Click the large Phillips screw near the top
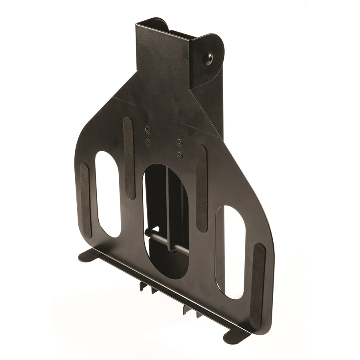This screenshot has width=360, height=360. (208, 59)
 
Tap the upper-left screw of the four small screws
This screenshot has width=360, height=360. (148, 129)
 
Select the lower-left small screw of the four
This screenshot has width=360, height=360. (148, 142)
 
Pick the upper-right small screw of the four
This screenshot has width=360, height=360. (179, 142)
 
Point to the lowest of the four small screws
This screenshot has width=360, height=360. (180, 154)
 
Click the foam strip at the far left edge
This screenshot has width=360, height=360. (86, 200)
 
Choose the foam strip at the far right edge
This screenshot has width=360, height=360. (258, 286)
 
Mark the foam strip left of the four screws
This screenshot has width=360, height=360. (128, 158)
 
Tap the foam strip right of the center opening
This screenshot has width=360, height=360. (201, 188)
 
